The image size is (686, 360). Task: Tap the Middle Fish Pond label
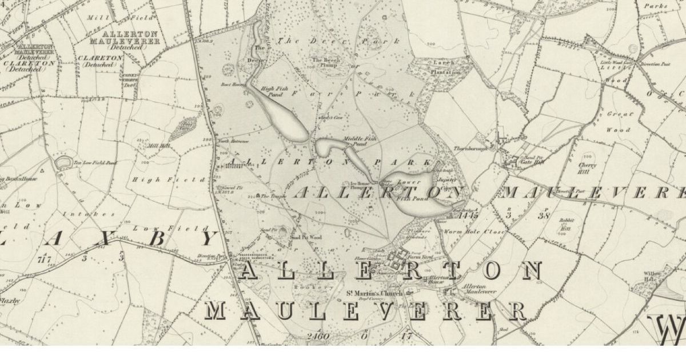354,141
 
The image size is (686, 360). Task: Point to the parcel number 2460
318,336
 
